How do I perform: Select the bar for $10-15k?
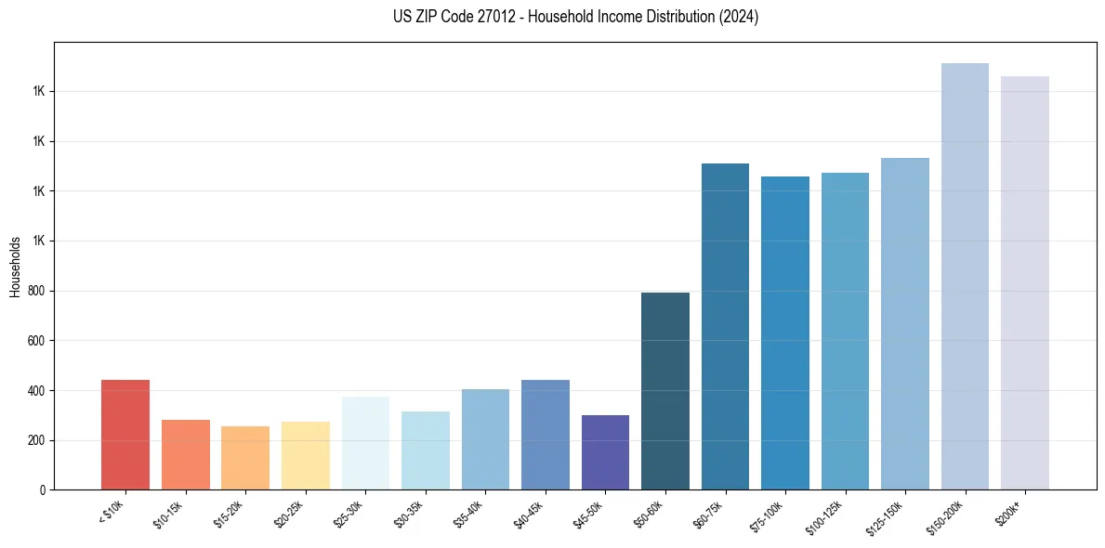186,454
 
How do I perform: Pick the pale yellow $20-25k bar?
306,455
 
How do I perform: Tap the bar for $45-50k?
605,452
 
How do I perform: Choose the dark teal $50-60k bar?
665,391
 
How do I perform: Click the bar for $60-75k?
725,326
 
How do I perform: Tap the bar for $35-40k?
485,439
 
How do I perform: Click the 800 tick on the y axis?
37,291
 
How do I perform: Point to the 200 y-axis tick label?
37,440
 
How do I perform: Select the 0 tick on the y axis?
43,489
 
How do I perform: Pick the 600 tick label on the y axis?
37,341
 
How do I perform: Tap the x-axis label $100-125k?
826,515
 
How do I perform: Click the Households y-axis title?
15,266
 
